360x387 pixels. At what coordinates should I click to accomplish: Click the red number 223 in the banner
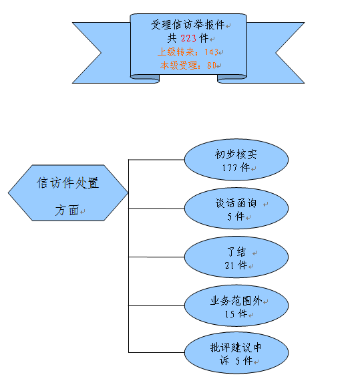190,39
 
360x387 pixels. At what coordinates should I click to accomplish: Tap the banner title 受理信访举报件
187,25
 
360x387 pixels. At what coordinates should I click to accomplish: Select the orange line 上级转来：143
188,51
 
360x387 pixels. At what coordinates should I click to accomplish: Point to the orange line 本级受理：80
190,65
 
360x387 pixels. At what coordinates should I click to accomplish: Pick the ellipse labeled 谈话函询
236,209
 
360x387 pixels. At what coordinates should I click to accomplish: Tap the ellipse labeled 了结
236,258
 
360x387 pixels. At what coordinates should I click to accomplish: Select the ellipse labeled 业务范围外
236,306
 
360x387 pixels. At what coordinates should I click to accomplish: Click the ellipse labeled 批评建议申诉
236,354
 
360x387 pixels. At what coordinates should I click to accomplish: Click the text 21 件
236,265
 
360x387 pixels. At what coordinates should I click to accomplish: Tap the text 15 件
236,313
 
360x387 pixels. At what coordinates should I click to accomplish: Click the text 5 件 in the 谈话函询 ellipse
236,216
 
